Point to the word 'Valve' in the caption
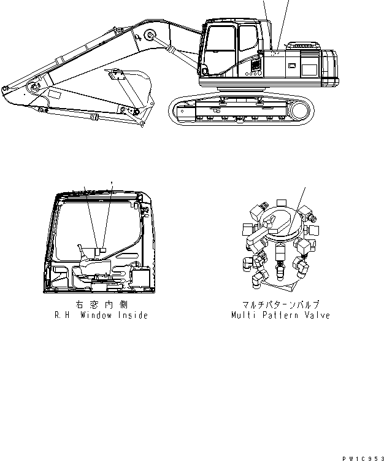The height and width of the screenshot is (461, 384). point(317,315)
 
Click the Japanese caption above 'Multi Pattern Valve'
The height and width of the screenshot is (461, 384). point(280,304)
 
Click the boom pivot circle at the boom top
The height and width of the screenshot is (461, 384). point(147,34)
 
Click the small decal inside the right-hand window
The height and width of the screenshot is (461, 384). point(102,250)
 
